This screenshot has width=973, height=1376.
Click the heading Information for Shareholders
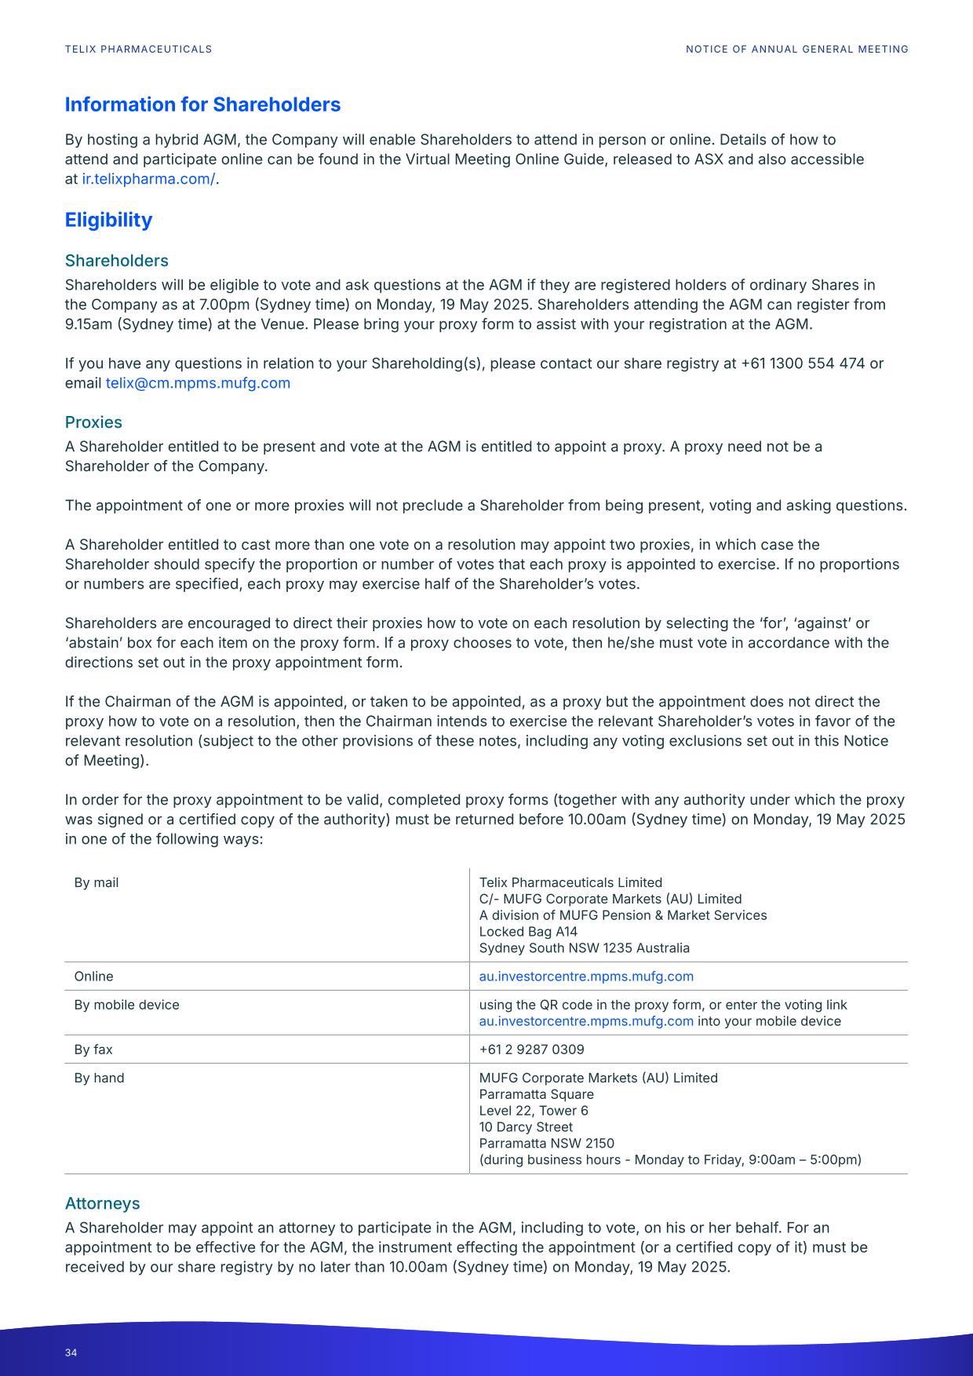pyautogui.click(x=202, y=104)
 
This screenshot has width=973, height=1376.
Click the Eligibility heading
pyautogui.click(x=108, y=220)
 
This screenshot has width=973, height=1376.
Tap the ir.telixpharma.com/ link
pyautogui.click(x=148, y=179)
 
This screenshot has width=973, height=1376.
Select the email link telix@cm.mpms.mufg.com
pyautogui.click(x=198, y=383)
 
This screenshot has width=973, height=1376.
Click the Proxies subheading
pyautogui.click(x=93, y=422)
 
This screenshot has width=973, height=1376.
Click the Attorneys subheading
pyautogui.click(x=102, y=1203)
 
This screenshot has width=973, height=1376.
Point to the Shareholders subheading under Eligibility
pyautogui.click(x=116, y=261)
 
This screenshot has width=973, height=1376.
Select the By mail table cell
pyautogui.click(x=97, y=883)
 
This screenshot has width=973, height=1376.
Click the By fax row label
pyautogui.click(x=93, y=1049)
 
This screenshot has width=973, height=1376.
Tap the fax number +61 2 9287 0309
pyautogui.click(x=531, y=1049)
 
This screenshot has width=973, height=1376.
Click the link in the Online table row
pyautogui.click(x=586, y=976)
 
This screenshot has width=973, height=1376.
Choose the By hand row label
pyautogui.click(x=99, y=1078)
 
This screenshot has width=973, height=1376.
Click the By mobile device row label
pyautogui.click(x=126, y=1005)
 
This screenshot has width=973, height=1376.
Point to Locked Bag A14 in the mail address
pyautogui.click(x=528, y=932)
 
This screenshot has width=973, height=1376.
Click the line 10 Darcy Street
pyautogui.click(x=526, y=1127)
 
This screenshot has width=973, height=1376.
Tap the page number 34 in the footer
pyautogui.click(x=71, y=1352)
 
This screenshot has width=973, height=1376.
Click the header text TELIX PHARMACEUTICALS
pyautogui.click(x=138, y=49)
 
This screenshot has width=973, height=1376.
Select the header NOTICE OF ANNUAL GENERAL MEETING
pyautogui.click(x=796, y=49)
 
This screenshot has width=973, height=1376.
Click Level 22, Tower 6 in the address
pyautogui.click(x=534, y=1111)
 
